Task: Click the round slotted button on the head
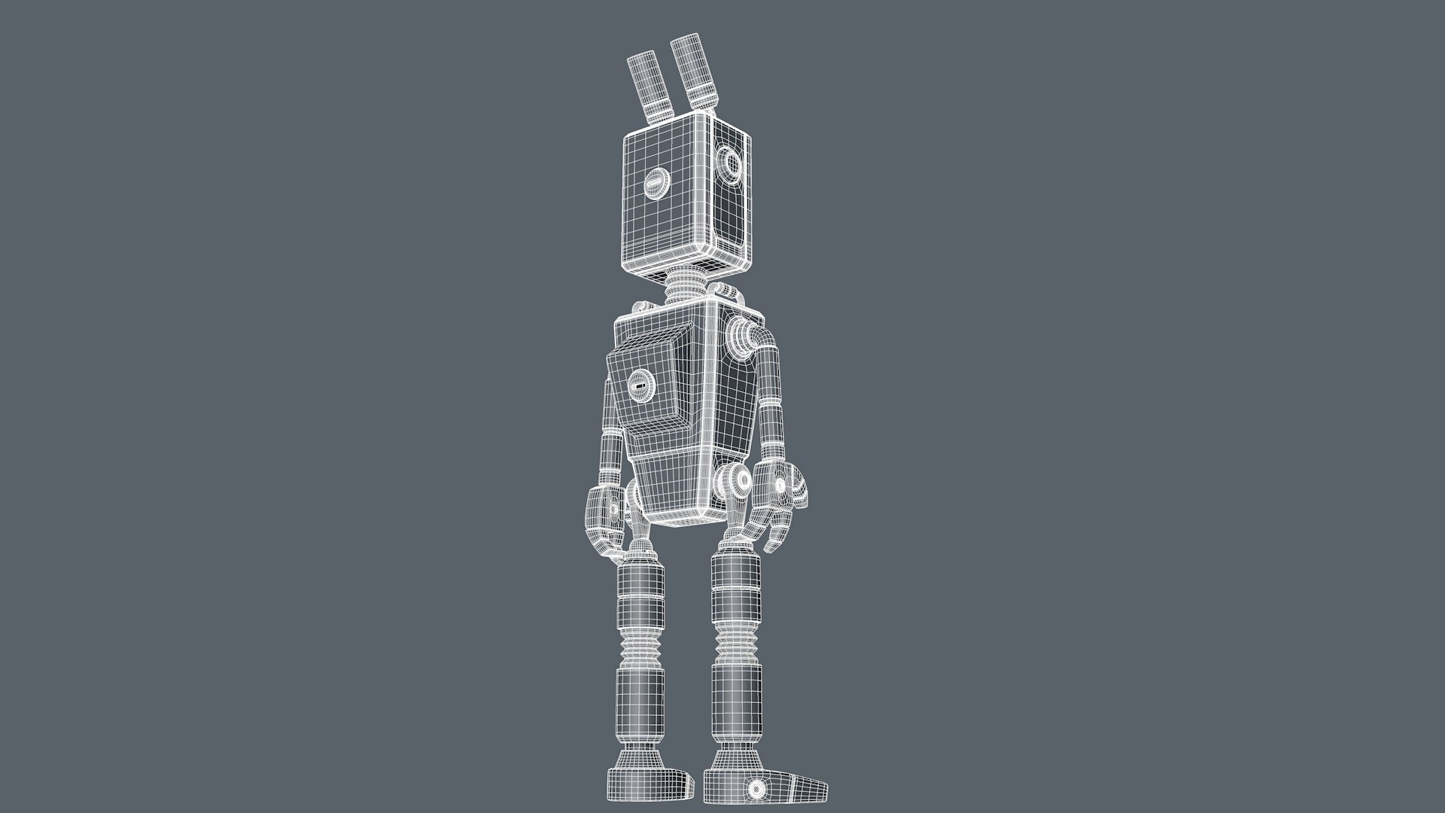click(657, 183)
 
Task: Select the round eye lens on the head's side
click(729, 161)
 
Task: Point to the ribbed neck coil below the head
click(689, 285)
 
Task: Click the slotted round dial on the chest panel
click(640, 388)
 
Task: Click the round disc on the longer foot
click(756, 789)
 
